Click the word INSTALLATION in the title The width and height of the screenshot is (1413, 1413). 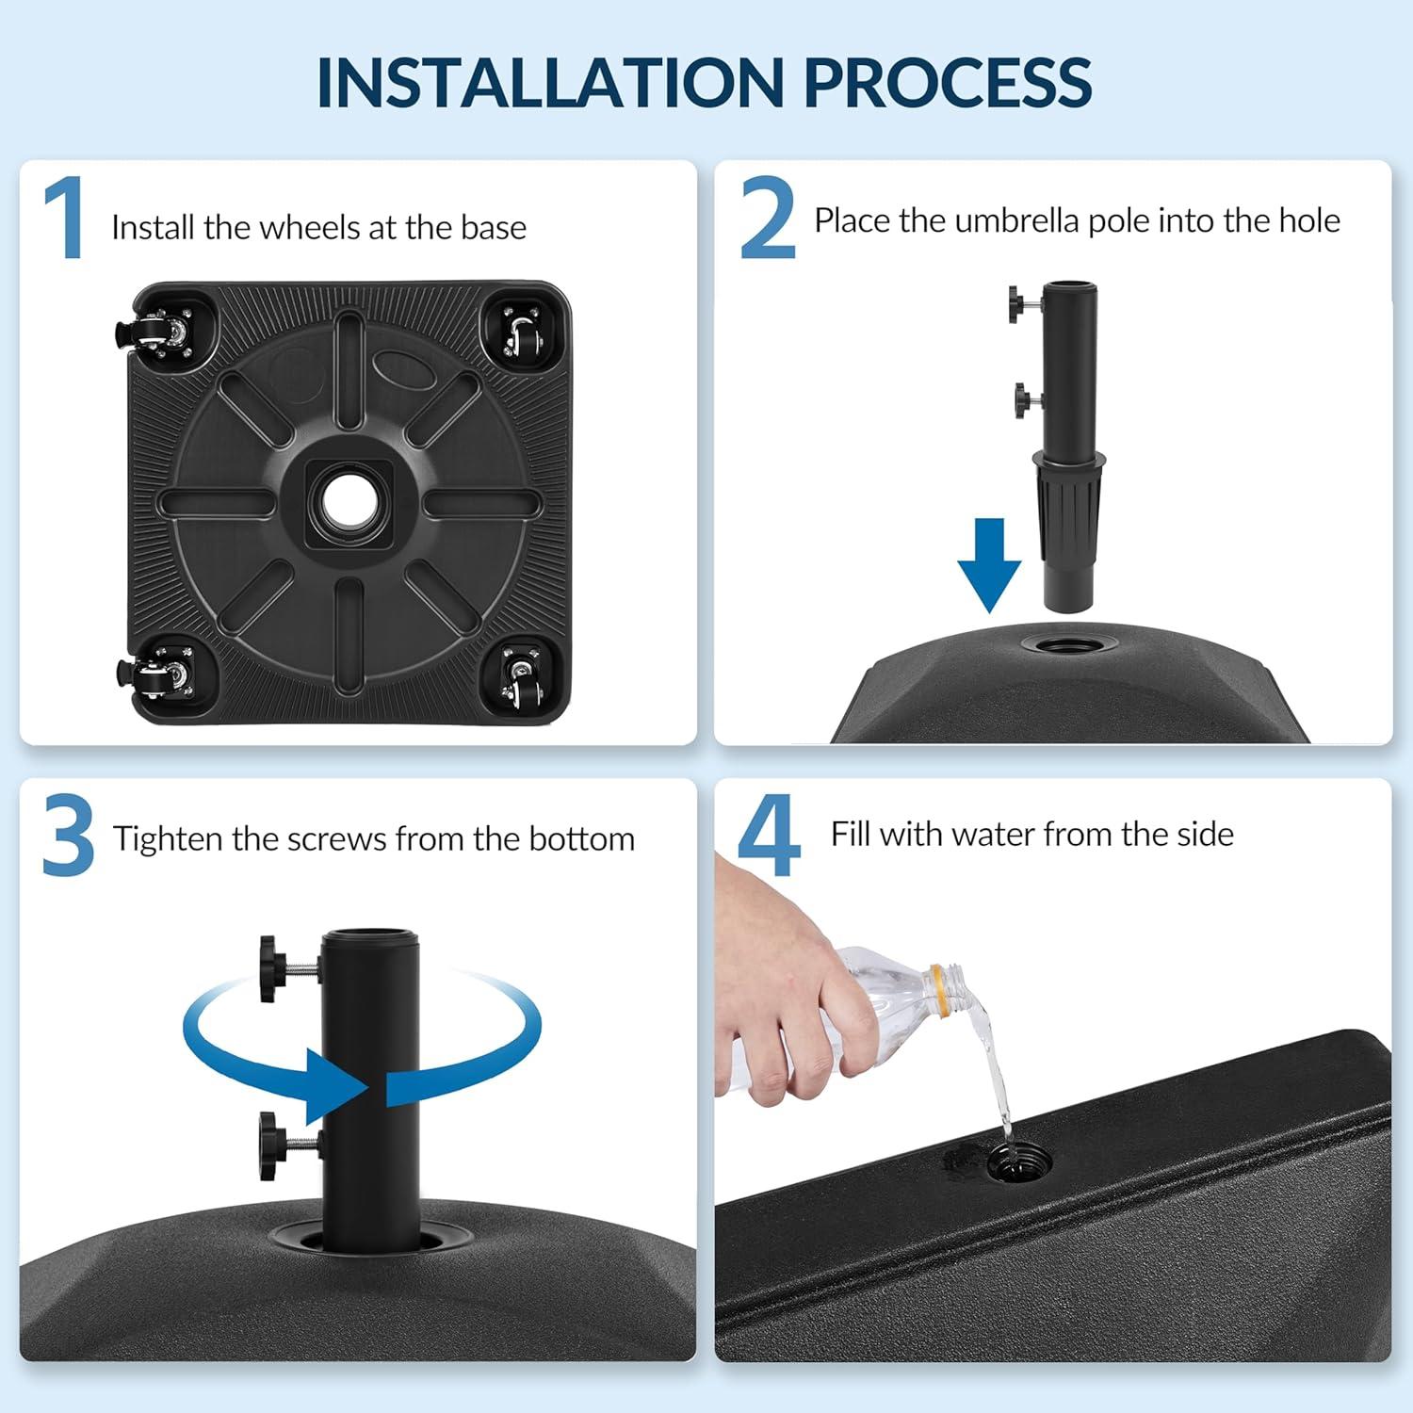point(548,82)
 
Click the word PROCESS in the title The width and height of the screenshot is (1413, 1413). point(948,82)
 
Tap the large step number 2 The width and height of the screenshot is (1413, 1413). point(767,219)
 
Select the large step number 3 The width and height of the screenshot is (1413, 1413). point(68,836)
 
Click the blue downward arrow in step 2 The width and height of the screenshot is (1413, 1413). point(989,565)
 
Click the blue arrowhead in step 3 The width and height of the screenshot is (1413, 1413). point(339,1088)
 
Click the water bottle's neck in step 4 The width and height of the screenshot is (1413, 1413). point(947,992)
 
